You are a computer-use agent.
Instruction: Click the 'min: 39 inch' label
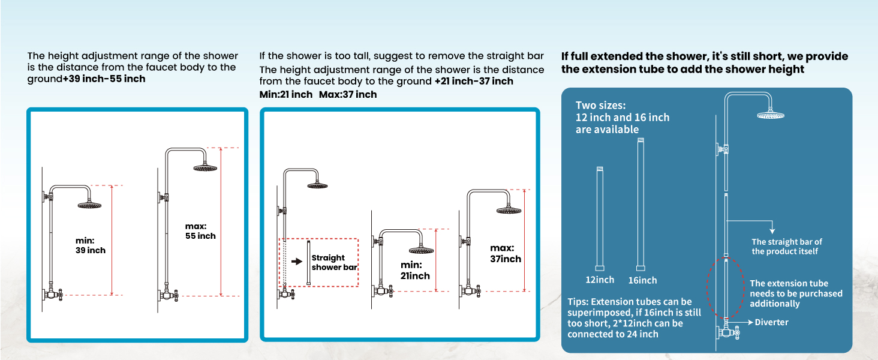(x=90, y=245)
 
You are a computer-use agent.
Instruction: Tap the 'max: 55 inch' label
(x=200, y=231)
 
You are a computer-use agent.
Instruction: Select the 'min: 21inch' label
(x=416, y=271)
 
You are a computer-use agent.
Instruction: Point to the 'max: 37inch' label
(x=506, y=253)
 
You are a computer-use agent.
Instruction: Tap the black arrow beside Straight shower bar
(x=296, y=262)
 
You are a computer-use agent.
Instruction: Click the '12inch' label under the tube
(x=600, y=280)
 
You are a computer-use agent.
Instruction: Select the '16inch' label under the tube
(x=642, y=280)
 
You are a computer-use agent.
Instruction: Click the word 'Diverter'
(x=771, y=322)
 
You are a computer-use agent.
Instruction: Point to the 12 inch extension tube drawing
(x=600, y=219)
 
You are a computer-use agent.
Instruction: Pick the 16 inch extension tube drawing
(x=641, y=204)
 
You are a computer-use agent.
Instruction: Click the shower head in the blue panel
(x=771, y=115)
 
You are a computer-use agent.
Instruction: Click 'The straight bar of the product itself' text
(x=787, y=247)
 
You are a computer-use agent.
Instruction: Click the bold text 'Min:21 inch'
(x=286, y=94)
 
